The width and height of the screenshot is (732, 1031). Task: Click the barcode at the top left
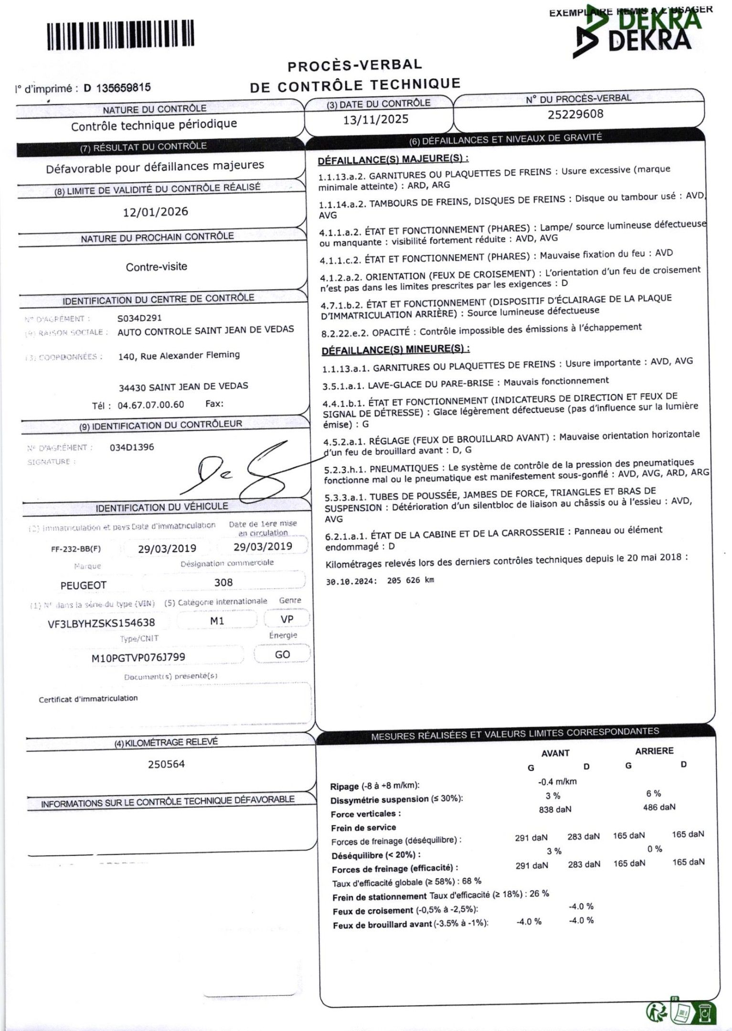point(120,34)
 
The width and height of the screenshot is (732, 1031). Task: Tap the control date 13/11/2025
point(376,119)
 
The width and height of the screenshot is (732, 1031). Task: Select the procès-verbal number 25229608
point(575,115)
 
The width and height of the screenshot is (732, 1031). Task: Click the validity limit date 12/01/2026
point(156,212)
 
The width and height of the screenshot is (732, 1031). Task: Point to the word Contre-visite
point(157,267)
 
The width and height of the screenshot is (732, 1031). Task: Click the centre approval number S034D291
point(139,318)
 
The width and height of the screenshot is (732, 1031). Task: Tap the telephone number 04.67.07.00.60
point(151,405)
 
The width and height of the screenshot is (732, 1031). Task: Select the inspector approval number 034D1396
point(132,447)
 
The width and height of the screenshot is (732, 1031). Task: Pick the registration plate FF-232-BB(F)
point(76,549)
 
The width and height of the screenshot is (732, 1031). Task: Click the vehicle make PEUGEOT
point(84,585)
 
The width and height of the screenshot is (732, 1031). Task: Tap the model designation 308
point(223,582)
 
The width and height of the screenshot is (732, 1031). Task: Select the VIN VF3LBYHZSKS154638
point(102,623)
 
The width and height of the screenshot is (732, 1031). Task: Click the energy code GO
point(282,654)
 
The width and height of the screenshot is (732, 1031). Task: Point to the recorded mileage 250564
point(166,764)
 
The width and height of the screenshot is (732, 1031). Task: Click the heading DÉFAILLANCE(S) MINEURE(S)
point(395,349)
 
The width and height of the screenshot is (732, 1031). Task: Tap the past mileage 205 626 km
point(411,580)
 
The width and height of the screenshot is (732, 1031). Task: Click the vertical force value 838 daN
point(555,809)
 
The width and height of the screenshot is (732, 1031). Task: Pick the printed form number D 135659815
point(117,88)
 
